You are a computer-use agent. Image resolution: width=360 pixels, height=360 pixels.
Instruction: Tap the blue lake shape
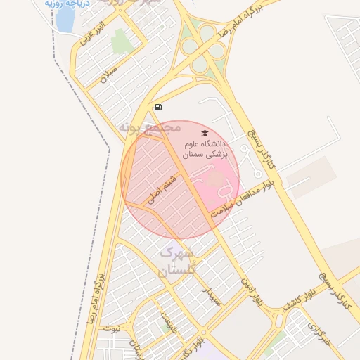[x=64, y=22]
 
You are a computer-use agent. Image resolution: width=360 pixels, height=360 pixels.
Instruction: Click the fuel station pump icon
[x=158, y=107]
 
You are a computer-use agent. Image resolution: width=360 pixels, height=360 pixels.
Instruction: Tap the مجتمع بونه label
[x=150, y=128]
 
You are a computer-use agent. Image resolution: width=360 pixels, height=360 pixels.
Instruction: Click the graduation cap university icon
[x=205, y=133]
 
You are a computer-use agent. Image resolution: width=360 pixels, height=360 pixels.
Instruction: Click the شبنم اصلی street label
[x=161, y=190]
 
